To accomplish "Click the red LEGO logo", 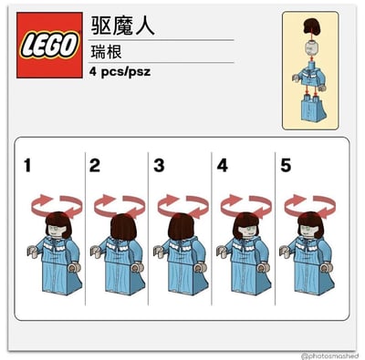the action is tap(49, 46).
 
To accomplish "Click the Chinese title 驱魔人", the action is tap(123, 26).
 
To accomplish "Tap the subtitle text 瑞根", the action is tap(107, 52).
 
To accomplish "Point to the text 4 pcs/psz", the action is tap(120, 72).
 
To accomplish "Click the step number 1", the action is tap(27, 166).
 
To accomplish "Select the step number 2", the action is tap(95, 166).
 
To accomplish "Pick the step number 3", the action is tap(159, 166).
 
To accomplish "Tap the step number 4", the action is tap(223, 166).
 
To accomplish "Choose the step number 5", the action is tap(286, 166).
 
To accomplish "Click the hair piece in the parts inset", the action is tap(310, 26).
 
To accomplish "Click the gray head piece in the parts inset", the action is tap(310, 47).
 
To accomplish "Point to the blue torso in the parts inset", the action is tap(309, 77).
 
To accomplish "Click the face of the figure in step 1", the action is tap(57, 231).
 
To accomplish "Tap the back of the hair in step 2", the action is tap(123, 227).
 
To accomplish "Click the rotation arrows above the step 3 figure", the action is tap(183, 206).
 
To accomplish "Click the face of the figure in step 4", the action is tap(247, 231).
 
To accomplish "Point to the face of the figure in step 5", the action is tap(308, 231).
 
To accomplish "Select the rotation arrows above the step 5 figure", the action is tap(310, 206).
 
